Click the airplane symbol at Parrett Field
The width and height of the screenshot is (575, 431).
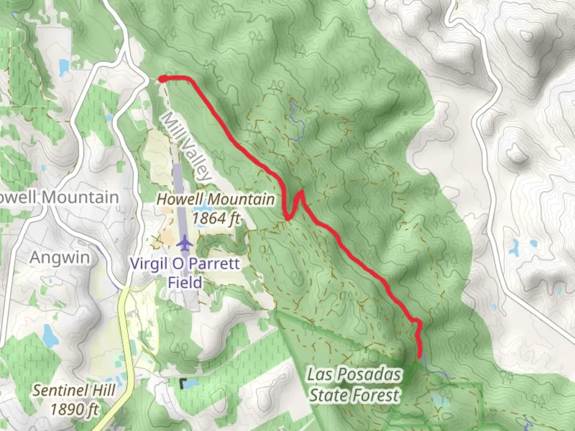click(184, 243)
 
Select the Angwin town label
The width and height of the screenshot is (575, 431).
click(60, 257)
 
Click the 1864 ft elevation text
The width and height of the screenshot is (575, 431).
click(216, 218)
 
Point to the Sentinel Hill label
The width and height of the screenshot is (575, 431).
click(73, 390)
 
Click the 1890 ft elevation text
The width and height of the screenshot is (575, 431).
click(74, 409)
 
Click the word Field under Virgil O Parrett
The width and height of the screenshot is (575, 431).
click(184, 282)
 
